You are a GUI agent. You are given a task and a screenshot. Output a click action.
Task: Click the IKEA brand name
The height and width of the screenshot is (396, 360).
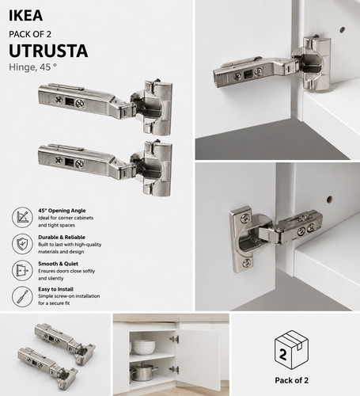[x=25, y=16]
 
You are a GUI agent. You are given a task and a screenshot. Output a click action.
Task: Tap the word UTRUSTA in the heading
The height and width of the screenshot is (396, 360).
[x=48, y=51]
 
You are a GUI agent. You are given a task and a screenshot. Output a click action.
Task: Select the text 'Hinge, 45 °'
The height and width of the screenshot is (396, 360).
[x=32, y=67]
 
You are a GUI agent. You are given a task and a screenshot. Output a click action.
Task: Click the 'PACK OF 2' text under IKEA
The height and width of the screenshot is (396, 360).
[x=30, y=34]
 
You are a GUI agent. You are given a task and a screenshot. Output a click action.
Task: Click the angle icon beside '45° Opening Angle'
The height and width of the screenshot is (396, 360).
[x=22, y=217]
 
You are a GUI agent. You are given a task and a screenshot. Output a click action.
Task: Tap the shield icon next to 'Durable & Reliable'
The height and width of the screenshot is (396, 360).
[x=22, y=244]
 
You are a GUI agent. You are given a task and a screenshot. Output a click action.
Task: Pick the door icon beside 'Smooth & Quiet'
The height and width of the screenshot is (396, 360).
[x=22, y=270]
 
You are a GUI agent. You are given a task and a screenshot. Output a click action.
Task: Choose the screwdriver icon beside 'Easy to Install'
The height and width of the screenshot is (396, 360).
[x=22, y=296]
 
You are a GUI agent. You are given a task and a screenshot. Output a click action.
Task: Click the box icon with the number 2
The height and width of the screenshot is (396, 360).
[x=291, y=350]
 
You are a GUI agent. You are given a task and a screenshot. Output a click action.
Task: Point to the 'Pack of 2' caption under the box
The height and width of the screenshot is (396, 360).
[x=291, y=380]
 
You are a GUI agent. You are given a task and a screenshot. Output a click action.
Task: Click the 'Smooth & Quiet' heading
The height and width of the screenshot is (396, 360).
[x=58, y=264]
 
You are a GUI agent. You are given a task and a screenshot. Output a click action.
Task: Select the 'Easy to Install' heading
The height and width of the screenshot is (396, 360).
[x=56, y=289]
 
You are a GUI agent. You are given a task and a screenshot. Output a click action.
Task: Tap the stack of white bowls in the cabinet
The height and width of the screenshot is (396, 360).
[x=144, y=347]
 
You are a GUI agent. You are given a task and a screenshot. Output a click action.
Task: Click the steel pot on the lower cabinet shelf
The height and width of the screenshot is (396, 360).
[x=143, y=371]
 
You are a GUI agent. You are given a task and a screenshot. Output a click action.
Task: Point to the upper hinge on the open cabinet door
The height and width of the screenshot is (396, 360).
[x=174, y=339]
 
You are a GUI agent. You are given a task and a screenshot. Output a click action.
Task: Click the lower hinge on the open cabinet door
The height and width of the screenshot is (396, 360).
[x=174, y=369]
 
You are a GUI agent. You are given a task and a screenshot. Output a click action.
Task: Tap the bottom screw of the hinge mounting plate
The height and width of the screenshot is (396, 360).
[x=247, y=263]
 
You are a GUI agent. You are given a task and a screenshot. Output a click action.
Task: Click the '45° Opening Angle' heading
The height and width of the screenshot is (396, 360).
[x=62, y=211]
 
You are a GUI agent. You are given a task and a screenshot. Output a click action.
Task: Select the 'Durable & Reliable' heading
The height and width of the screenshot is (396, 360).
[x=62, y=237]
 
